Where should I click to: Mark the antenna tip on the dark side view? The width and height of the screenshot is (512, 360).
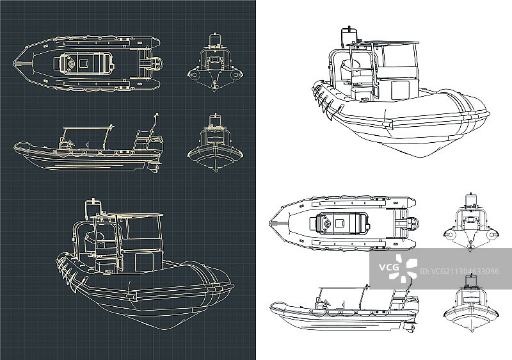(156, 115)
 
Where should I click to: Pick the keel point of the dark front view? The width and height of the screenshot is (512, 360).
(216, 170)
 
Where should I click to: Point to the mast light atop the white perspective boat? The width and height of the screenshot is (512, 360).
(349, 30)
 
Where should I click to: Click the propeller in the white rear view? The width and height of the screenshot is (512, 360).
(470, 248)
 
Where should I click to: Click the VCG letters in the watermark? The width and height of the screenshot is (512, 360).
(389, 266)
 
